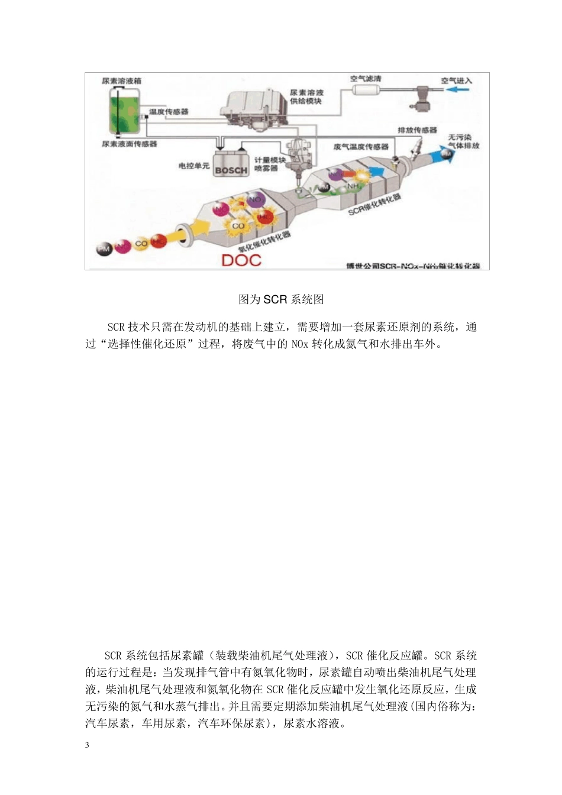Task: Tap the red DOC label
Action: click(241, 260)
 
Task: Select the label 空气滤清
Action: click(366, 79)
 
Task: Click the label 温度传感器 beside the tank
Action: click(169, 111)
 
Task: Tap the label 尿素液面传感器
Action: click(130, 144)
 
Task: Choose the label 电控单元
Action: click(193, 167)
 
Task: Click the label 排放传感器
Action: click(417, 130)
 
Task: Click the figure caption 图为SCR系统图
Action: click(281, 299)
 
